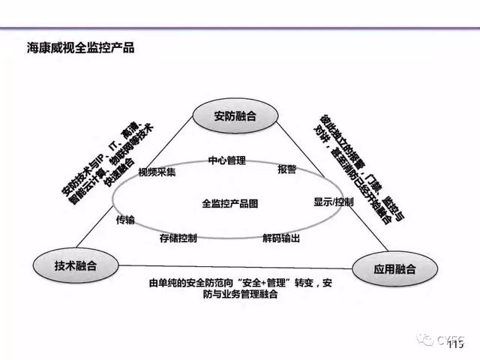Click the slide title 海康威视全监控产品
pos(80,48)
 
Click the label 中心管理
pos(226,160)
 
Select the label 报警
pos(286,169)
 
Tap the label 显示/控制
pos(333,202)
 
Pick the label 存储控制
pos(178,238)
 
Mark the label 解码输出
pos(281,238)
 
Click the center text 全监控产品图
pos(229,202)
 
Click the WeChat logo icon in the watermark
pos(424,340)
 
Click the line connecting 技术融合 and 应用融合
pos(225,266)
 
